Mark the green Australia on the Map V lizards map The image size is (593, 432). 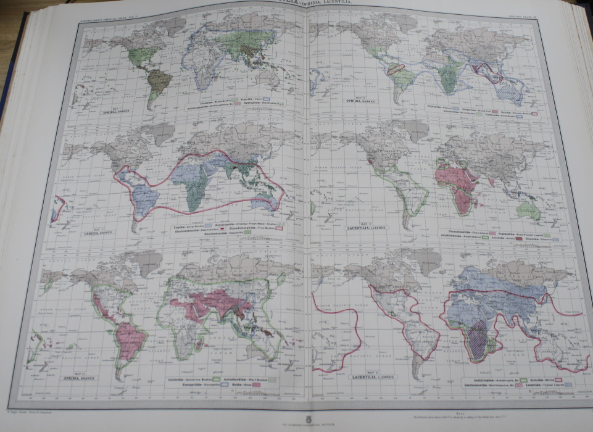[x=529, y=210]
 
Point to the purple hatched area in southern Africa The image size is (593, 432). [x=476, y=343]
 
